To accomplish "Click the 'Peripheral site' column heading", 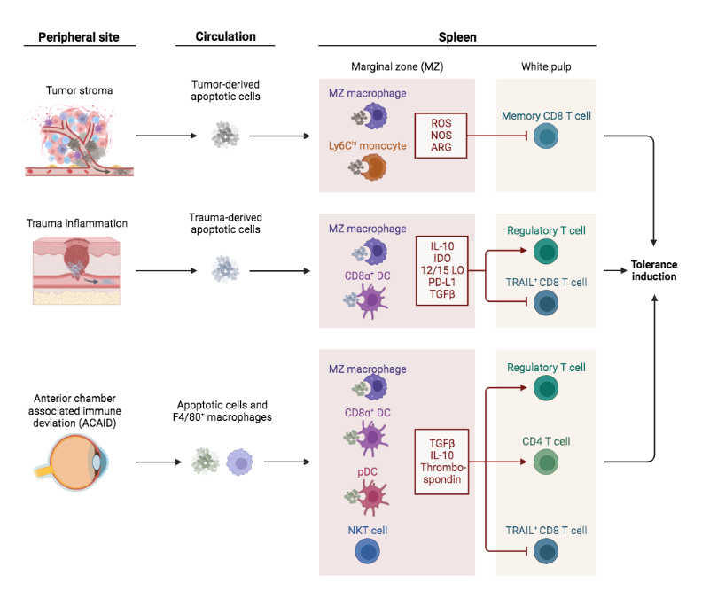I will tap(78, 37).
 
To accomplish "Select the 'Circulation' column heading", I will tap(225, 37).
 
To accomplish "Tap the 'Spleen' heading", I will tap(456, 37).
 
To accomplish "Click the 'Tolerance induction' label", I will tap(653, 270).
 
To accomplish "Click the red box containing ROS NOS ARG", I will tap(441, 136).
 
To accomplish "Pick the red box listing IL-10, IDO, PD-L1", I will tap(442, 270).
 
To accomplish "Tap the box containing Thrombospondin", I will tap(441, 461).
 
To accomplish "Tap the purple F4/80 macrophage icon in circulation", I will tap(240, 462).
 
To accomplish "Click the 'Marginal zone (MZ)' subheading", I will tap(396, 68).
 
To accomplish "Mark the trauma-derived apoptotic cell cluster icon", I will tap(224, 267).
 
